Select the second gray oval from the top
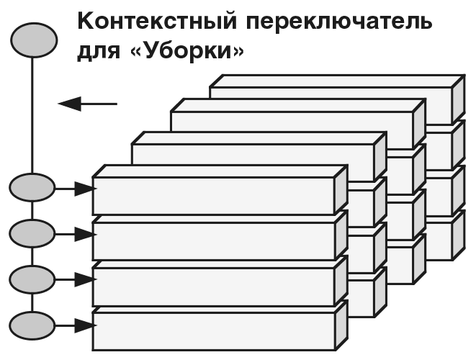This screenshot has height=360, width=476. (x=32, y=189)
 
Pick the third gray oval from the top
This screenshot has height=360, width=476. (x=32, y=233)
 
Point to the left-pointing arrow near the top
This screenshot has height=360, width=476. (x=87, y=104)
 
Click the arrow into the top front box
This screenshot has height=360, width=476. (x=75, y=189)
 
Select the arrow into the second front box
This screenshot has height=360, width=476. (x=75, y=233)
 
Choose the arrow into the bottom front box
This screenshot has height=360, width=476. (x=75, y=325)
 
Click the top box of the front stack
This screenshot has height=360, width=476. (x=215, y=195)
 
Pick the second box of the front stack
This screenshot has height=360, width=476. (x=215, y=240)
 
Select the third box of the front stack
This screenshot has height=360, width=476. (x=215, y=285)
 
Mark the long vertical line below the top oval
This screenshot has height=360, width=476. (x=32, y=115)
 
